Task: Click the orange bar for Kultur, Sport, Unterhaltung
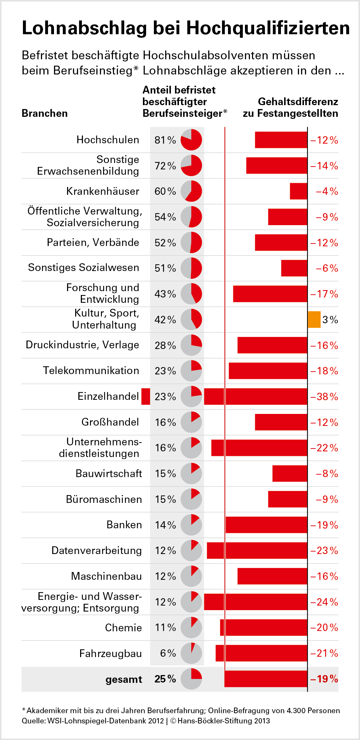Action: pyautogui.click(x=314, y=319)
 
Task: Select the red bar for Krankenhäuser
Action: pyautogui.click(x=298, y=191)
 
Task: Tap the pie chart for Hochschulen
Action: pyautogui.click(x=191, y=140)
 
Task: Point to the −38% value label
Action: pyautogui.click(x=324, y=397)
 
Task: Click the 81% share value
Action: pyautogui.click(x=165, y=140)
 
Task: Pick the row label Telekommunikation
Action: pyautogui.click(x=91, y=371)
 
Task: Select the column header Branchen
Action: pyautogui.click(x=44, y=113)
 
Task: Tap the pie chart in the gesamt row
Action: pyautogui.click(x=191, y=679)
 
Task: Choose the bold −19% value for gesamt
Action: pyautogui.click(x=324, y=679)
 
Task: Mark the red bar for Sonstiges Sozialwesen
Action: pyautogui.click(x=294, y=268)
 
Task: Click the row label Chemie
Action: pyautogui.click(x=124, y=627)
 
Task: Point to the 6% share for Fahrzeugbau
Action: pyautogui.click(x=168, y=653)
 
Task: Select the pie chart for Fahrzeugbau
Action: pyautogui.click(x=191, y=653)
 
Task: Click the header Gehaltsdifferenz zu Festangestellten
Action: pyautogui.click(x=290, y=107)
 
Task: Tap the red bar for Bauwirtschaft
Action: pyautogui.click(x=289, y=474)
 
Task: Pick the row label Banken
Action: pyautogui.click(x=124, y=525)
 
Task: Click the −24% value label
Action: pyautogui.click(x=324, y=602)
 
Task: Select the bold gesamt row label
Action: pyautogui.click(x=124, y=679)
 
